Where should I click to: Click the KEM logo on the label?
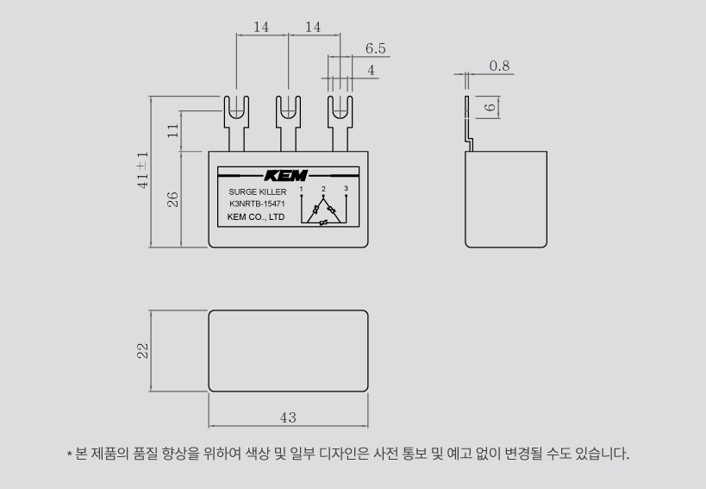pyautogui.click(x=286, y=176)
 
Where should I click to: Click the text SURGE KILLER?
pyautogui.click(x=258, y=191)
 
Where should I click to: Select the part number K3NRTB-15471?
pyautogui.click(x=257, y=204)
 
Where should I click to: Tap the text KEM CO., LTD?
pyautogui.click(x=256, y=217)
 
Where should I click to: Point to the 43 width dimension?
pyautogui.click(x=288, y=418)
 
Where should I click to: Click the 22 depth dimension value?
pyautogui.click(x=143, y=351)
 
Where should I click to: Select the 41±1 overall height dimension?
pyautogui.click(x=143, y=170)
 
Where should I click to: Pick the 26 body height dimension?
pyautogui.click(x=173, y=199)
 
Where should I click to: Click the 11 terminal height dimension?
pyautogui.click(x=173, y=131)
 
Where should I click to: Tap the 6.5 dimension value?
pyautogui.click(x=376, y=48)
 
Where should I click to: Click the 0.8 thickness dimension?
pyautogui.click(x=499, y=66)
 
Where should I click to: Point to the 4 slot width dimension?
pyautogui.click(x=371, y=70)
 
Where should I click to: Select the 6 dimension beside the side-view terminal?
pyautogui.click(x=490, y=108)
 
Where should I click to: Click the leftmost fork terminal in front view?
pyautogui.click(x=236, y=124)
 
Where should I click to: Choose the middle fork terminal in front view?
pyautogui.click(x=288, y=124)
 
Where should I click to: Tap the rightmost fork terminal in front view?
pyautogui.click(x=340, y=124)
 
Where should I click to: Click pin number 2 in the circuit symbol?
pyautogui.click(x=323, y=189)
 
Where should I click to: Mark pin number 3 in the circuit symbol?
pyautogui.click(x=346, y=188)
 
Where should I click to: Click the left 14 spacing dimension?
pyautogui.click(x=261, y=27)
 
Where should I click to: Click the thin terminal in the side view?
pyautogui.click(x=468, y=124)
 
